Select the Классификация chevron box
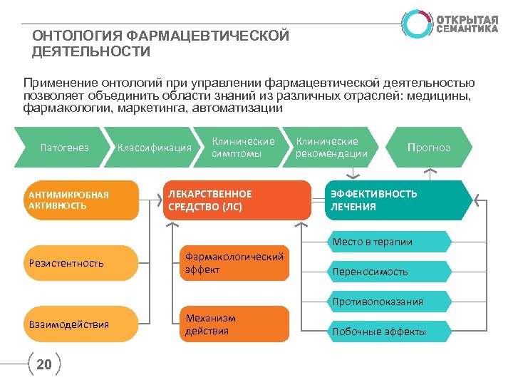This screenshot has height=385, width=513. (x=154, y=148)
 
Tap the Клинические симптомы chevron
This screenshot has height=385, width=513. (x=242, y=148)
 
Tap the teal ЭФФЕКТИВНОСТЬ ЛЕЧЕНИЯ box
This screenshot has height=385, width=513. (x=395, y=200)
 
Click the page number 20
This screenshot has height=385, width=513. (x=44, y=365)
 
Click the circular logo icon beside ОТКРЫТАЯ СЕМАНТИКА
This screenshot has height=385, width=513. (x=416, y=24)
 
